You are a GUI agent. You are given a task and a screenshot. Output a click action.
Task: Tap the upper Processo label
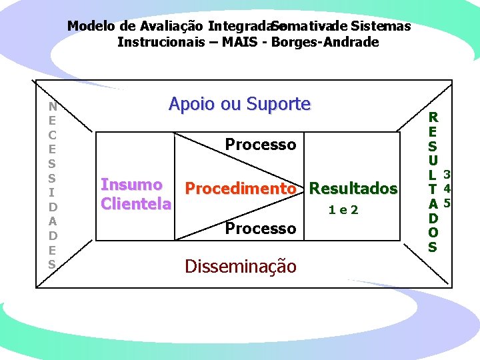(x=260, y=145)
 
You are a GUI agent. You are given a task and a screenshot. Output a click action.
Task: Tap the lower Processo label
(x=260, y=229)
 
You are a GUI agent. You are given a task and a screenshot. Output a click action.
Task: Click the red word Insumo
(x=131, y=185)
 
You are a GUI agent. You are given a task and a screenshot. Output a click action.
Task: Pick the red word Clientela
(x=135, y=203)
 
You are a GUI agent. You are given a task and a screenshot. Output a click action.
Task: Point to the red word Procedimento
(x=240, y=189)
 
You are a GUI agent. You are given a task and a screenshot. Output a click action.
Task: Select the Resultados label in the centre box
(x=353, y=189)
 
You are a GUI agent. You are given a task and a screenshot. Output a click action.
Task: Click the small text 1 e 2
(x=343, y=210)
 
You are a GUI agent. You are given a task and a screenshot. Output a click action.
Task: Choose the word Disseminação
(x=240, y=267)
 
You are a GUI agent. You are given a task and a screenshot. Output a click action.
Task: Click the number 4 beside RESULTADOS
(x=447, y=189)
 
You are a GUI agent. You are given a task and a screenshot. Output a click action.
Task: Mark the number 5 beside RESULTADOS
(x=447, y=203)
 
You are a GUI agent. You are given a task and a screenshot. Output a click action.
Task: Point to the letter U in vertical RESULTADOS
(x=433, y=160)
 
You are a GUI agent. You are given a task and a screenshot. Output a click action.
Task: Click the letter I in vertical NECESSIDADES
(x=52, y=191)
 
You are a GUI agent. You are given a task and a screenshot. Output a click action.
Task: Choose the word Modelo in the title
(x=92, y=27)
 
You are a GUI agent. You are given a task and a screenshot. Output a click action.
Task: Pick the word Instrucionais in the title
(x=156, y=43)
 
